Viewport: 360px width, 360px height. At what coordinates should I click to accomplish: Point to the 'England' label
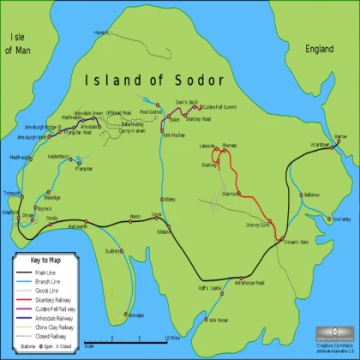(319, 51)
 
